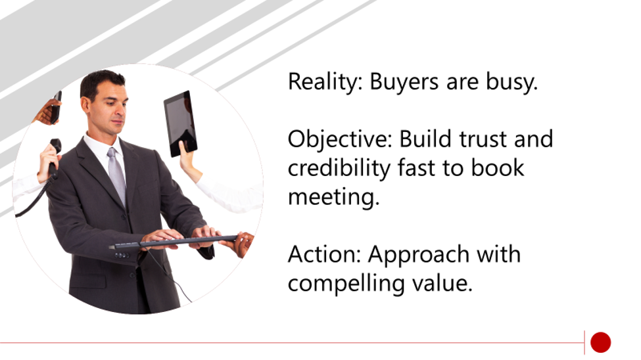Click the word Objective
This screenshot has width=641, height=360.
tap(340, 139)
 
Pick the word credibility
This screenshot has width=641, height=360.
tap(339, 168)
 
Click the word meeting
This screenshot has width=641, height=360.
tap(334, 197)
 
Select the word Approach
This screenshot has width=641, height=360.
tap(419, 255)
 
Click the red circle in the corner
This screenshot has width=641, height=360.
tap(600, 342)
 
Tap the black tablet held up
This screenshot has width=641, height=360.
tap(180, 124)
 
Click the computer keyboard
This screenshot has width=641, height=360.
tap(174, 242)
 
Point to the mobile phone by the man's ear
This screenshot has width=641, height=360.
tap(56, 108)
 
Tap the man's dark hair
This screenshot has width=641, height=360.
tap(102, 82)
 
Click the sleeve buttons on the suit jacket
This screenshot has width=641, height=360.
tap(122, 256)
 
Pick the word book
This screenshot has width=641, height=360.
tap(498, 168)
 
